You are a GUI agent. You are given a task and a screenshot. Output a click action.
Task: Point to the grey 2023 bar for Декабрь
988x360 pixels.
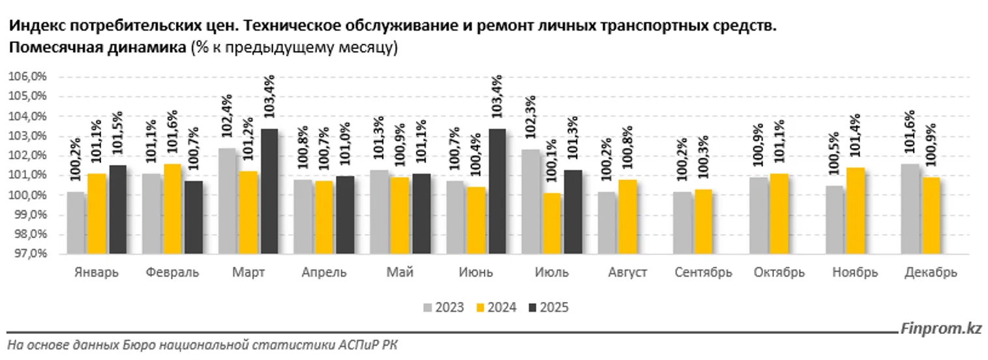(x=910, y=209)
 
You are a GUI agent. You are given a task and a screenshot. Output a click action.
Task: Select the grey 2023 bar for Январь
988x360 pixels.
(x=76, y=222)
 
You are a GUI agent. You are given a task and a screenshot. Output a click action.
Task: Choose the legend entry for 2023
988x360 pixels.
(x=443, y=307)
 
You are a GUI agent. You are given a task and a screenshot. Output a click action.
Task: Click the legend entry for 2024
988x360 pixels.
(x=496, y=307)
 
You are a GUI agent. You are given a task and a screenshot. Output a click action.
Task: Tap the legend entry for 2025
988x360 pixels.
(x=548, y=307)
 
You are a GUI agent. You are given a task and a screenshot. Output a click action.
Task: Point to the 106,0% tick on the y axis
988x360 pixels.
(x=27, y=77)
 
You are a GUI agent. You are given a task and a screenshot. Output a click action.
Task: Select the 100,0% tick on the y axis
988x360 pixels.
(x=27, y=195)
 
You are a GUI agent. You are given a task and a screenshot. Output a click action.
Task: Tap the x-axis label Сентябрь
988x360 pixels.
(x=702, y=272)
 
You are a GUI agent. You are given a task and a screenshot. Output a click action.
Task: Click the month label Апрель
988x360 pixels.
(x=324, y=272)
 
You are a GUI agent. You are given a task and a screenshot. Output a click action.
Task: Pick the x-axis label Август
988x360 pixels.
(x=627, y=272)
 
